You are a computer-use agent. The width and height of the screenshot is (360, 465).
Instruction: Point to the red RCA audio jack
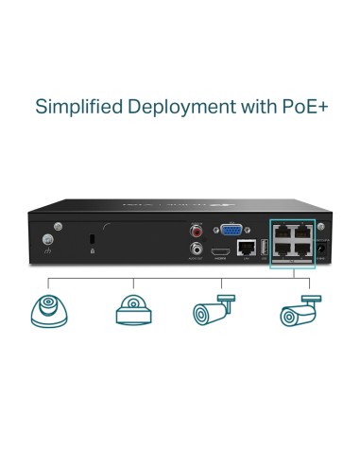point(197,231)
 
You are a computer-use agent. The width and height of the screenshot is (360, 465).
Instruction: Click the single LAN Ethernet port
point(246,250)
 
